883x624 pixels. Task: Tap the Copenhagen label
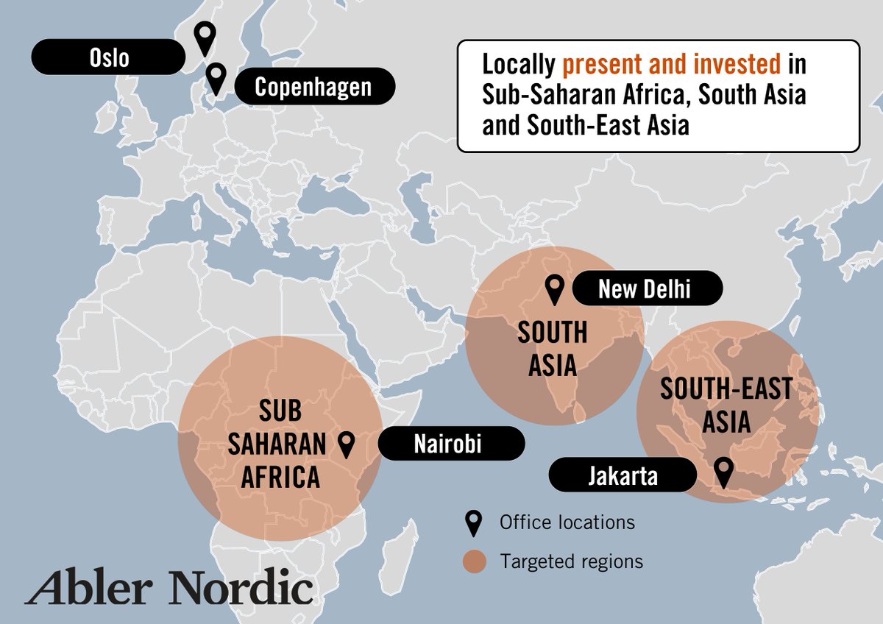(313, 88)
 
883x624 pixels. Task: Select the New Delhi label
(645, 289)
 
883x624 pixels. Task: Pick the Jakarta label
(623, 475)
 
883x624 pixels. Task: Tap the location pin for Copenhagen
(216, 77)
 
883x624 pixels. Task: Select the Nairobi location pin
(347, 443)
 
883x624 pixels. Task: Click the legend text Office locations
(567, 522)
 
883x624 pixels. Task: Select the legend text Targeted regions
(571, 562)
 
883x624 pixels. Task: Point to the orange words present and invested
(671, 65)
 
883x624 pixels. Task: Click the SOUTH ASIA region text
(552, 349)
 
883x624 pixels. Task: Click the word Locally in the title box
(519, 65)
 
